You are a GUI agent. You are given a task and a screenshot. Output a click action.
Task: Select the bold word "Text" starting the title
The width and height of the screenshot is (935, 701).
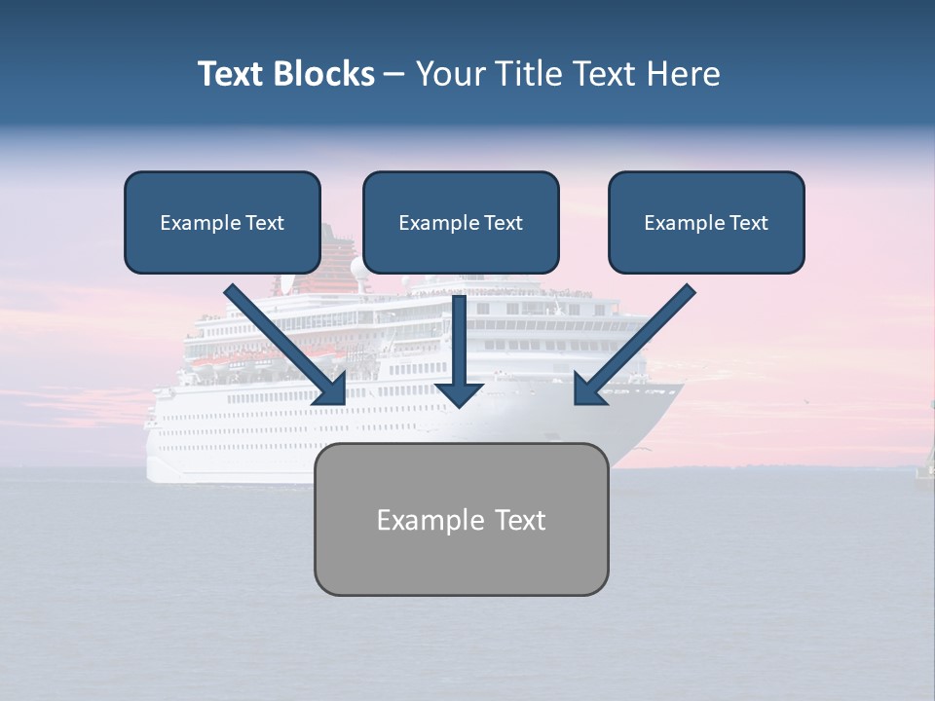pos(231,74)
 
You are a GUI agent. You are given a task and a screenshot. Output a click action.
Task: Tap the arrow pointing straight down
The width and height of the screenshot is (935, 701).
pos(459,341)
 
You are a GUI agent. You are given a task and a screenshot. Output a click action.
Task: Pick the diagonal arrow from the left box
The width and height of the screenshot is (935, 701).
pos(282,341)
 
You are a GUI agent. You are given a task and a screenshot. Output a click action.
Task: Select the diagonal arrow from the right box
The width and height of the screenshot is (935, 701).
pos(638,341)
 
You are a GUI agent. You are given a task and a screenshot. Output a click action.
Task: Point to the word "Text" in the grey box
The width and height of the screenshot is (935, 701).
pos(521,520)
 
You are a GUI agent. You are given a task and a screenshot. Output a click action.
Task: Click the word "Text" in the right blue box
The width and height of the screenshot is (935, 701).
pos(749,223)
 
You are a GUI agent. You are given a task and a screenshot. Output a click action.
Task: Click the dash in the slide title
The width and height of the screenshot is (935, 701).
pos(394,74)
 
